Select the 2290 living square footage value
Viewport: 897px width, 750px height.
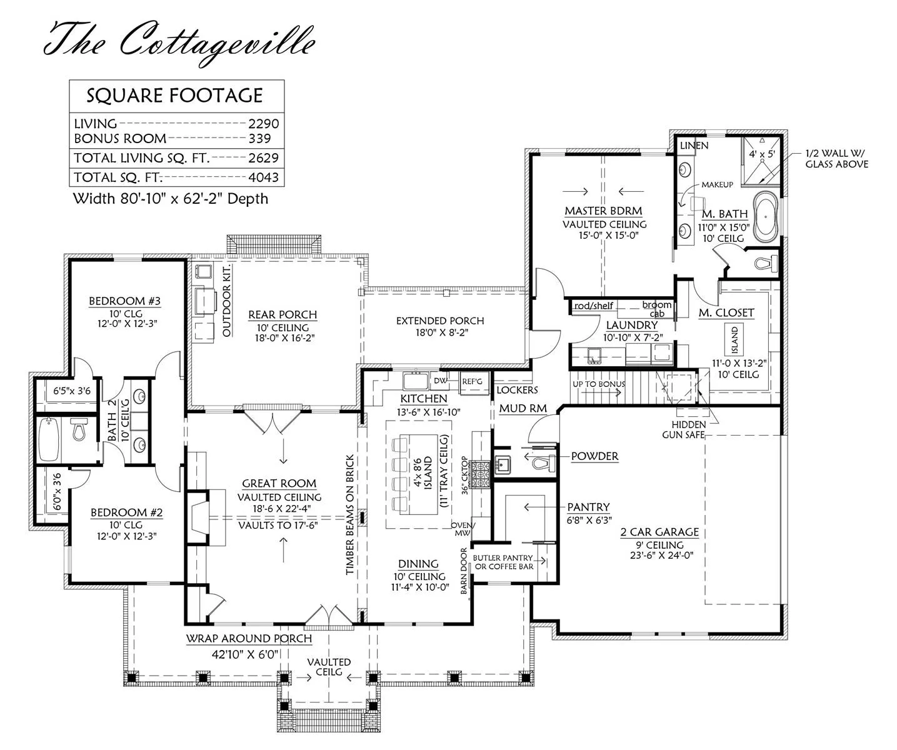264,124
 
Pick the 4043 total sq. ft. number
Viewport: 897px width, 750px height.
264,177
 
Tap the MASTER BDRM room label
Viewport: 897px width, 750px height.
604,211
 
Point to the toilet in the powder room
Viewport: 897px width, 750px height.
543,463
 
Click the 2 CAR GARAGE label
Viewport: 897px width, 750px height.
659,532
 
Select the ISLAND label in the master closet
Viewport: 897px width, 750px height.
734,339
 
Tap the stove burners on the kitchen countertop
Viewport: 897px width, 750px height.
479,474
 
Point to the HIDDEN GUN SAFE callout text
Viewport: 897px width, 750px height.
683,429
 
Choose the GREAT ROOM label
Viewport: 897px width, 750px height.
279,484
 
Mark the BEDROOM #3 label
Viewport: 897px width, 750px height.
124,301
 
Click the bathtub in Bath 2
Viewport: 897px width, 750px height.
49,439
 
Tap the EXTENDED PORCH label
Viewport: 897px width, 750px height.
440,321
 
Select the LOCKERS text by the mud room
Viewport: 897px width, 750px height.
517,390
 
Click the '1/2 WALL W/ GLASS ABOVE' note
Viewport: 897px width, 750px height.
836,159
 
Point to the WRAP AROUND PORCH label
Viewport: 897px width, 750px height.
249,639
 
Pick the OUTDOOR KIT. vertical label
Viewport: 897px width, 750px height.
227,300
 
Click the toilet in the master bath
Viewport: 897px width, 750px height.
766,262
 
